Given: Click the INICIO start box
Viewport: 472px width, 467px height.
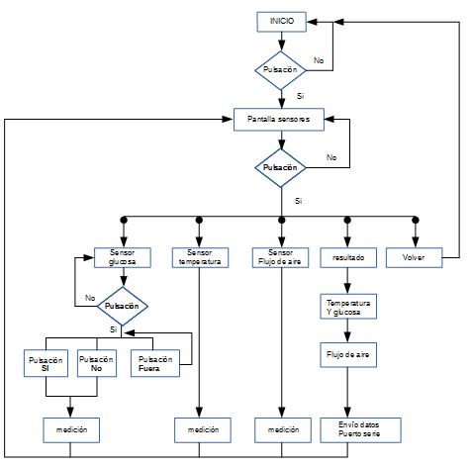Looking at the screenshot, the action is point(281,22).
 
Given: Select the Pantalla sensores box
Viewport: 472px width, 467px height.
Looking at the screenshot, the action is point(279,120).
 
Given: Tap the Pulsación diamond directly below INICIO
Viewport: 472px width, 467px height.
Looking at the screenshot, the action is point(281,70).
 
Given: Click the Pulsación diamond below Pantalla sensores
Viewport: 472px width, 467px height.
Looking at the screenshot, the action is point(281,168).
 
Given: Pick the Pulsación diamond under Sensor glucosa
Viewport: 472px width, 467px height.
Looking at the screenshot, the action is point(123,306).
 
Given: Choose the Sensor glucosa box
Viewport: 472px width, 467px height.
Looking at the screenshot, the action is point(123,257).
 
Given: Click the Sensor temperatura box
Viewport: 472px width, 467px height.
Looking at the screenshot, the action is point(200,257).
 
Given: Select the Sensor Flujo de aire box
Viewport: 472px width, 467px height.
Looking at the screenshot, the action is point(280,257).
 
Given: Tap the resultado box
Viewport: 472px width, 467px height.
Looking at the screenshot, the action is point(348,257).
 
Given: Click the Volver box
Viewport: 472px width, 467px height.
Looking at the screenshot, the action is point(415,257).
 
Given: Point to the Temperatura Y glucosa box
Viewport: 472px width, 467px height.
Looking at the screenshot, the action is point(348,307).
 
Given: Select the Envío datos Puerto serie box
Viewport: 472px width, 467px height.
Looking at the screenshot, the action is point(360,430).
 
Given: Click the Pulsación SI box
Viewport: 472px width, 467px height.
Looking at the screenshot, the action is point(46,363).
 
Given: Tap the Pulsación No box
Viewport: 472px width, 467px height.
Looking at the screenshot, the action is point(97,363).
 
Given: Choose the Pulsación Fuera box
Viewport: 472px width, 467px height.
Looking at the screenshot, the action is point(155,363).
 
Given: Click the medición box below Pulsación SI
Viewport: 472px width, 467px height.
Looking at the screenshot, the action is point(71,430).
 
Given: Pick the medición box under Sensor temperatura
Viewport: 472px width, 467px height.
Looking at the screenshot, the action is point(203,430).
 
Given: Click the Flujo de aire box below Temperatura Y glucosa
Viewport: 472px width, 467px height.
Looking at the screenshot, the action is point(348,355).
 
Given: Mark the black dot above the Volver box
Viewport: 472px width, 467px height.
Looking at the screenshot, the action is point(416,220).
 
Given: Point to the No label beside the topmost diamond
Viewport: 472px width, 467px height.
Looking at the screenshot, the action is point(319,60).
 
